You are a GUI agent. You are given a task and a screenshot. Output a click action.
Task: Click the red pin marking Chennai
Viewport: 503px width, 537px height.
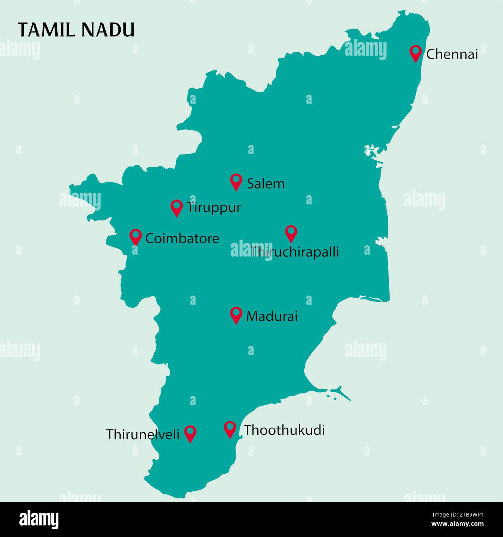click(416, 53)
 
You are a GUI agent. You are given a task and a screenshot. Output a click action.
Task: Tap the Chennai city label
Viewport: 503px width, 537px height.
click(452, 54)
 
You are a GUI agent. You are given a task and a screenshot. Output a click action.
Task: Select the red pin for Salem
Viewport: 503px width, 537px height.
click(236, 181)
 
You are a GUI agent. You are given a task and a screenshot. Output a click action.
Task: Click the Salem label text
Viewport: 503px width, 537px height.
click(265, 184)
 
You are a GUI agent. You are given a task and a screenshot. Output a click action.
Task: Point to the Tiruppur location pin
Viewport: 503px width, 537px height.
click(176, 207)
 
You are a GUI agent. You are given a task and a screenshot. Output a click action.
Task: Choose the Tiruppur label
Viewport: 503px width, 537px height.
click(214, 208)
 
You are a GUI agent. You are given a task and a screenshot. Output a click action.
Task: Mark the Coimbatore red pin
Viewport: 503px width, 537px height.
click(135, 236)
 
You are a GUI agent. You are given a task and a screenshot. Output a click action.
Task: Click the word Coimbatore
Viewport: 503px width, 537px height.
click(182, 238)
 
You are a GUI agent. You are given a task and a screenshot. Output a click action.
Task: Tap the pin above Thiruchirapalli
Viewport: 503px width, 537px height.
click(291, 233)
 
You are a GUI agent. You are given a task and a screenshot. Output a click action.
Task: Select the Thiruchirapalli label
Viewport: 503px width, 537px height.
click(294, 252)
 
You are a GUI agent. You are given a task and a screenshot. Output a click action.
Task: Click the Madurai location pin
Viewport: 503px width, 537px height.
click(236, 314)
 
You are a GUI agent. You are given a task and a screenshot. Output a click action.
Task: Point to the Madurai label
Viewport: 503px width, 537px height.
click(272, 317)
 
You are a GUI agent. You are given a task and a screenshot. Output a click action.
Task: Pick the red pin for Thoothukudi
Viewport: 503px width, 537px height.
click(230, 429)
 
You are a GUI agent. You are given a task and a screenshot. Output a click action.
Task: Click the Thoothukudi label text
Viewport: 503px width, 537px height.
click(284, 430)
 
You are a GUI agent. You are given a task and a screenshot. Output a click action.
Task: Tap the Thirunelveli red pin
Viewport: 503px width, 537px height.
click(190, 433)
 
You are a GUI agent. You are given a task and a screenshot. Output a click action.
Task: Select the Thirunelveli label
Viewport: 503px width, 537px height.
click(143, 435)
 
